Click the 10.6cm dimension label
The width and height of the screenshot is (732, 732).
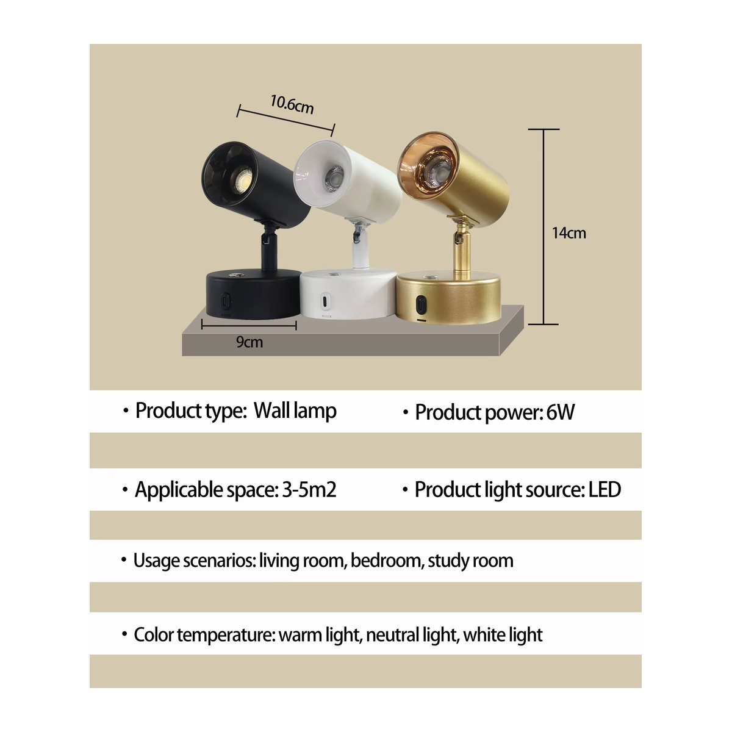click(x=292, y=104)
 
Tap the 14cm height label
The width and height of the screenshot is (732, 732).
click(x=569, y=233)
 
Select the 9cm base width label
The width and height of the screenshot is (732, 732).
click(x=249, y=342)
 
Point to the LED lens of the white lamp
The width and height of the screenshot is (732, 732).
click(x=334, y=177)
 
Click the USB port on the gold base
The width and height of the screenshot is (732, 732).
click(x=420, y=304)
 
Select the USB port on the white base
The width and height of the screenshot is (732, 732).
click(x=325, y=301)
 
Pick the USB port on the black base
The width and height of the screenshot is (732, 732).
click(x=226, y=301)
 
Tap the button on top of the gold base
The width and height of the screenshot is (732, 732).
click(x=430, y=278)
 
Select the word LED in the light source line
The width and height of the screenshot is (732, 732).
click(x=605, y=490)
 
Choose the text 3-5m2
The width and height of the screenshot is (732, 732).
click(x=309, y=490)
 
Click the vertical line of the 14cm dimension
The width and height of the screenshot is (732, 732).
click(x=544, y=227)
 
